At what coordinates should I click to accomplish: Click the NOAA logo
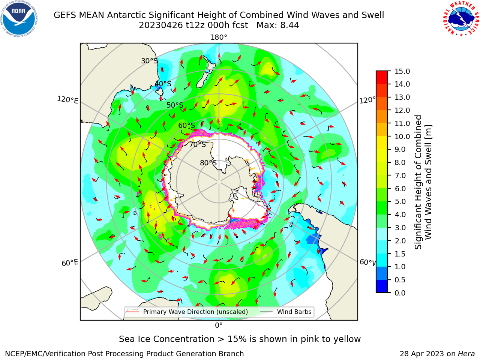(19, 19)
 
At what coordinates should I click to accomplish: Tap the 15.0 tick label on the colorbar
(402, 71)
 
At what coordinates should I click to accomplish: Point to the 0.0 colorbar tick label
(400, 292)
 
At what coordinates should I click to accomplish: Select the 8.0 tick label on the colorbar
(400, 162)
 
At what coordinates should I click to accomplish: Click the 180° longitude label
(219, 37)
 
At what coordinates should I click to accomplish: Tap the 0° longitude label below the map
(219, 325)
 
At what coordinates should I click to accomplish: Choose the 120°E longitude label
(67, 100)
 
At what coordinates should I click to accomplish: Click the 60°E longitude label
(70, 263)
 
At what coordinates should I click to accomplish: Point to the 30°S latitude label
(149, 61)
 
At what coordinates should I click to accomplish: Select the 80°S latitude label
(208, 163)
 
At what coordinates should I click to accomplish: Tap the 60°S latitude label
(186, 125)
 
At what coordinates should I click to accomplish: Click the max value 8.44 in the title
(289, 25)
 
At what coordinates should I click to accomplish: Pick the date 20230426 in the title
(161, 25)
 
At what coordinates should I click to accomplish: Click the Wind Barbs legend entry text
(294, 312)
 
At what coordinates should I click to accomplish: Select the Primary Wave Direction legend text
(195, 312)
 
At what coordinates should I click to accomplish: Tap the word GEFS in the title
(65, 15)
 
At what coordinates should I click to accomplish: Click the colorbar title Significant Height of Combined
(418, 182)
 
